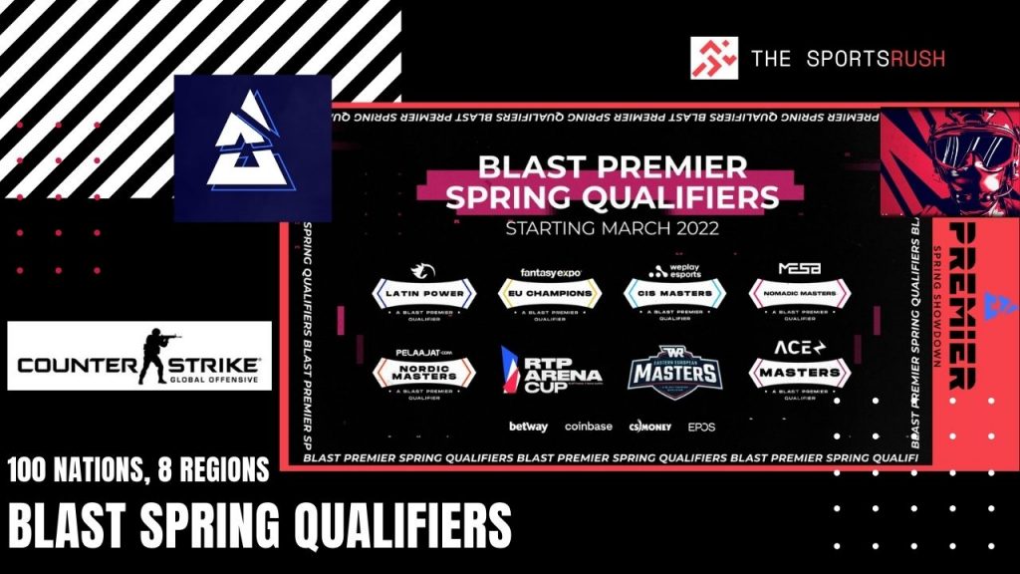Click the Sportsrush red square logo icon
click(x=714, y=59)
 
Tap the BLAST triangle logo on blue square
click(x=252, y=147)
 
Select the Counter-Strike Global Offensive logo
click(x=139, y=356)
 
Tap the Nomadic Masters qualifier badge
click(x=798, y=292)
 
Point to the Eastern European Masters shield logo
click(x=673, y=369)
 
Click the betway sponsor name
click(x=528, y=427)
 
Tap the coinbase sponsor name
click(x=588, y=427)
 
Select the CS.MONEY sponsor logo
click(x=649, y=427)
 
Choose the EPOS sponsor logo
click(x=700, y=427)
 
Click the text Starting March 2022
click(x=612, y=227)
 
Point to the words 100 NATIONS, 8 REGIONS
click(x=139, y=469)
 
